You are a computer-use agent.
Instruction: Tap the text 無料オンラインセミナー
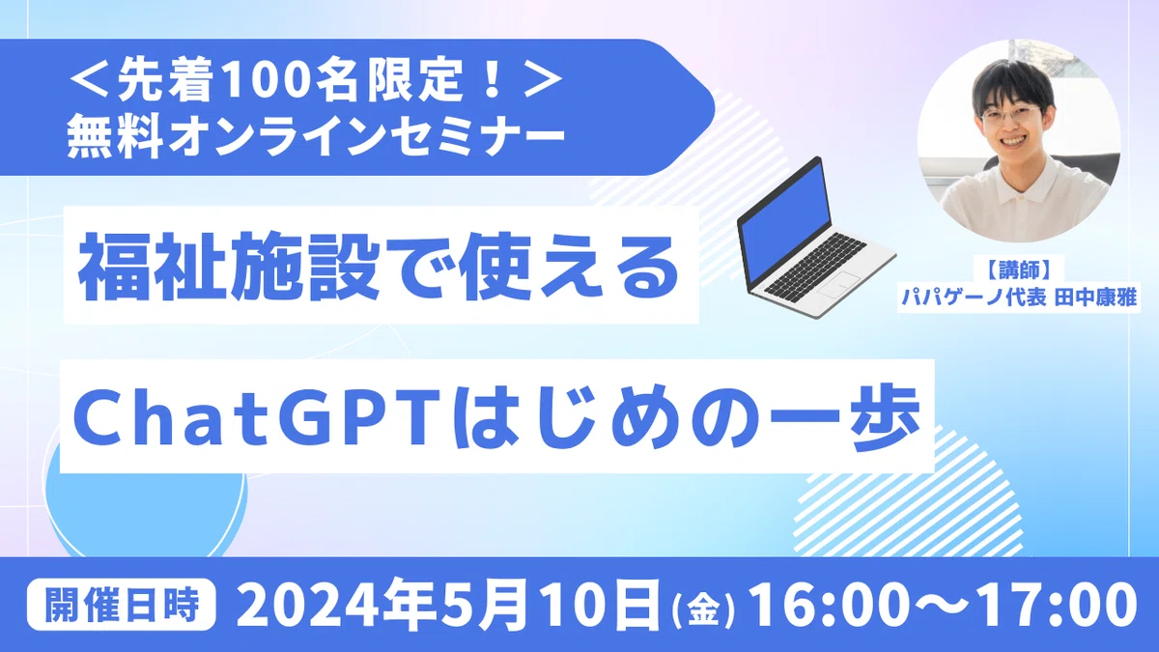click(316, 135)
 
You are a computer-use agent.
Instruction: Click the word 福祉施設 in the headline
click(229, 266)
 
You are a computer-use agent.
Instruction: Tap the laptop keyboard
click(815, 265)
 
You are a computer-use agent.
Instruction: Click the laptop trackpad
click(838, 284)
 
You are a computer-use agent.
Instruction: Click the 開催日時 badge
click(121, 604)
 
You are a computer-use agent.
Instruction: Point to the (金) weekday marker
click(703, 611)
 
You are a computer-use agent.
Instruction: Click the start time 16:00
click(828, 604)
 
